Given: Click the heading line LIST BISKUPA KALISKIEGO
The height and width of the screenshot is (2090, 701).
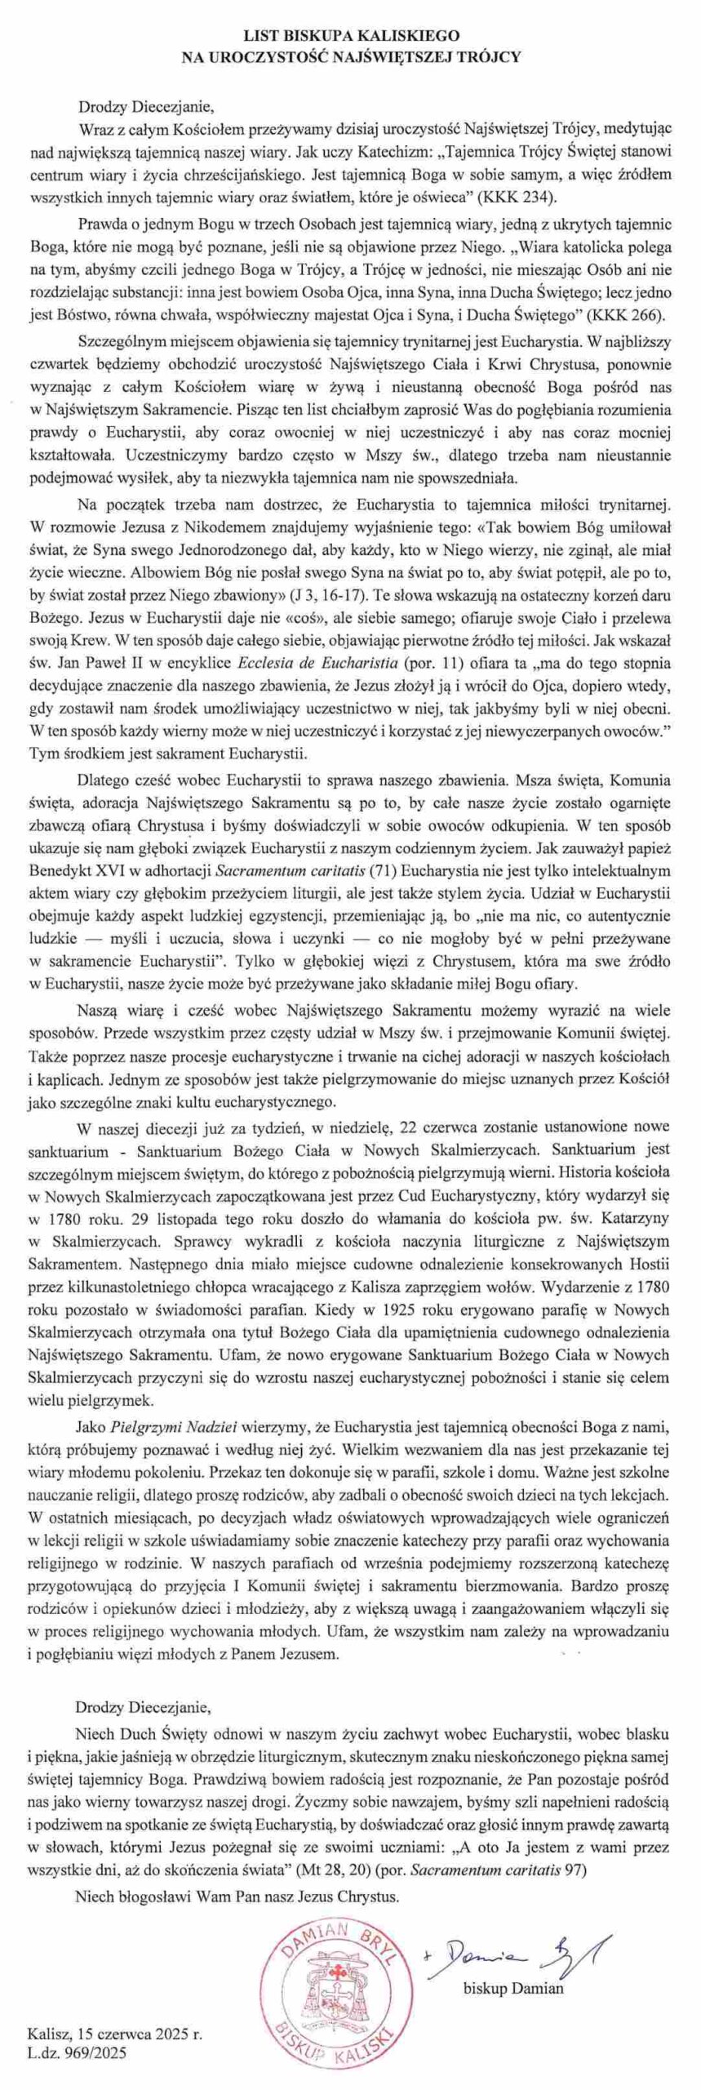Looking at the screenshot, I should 351,37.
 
